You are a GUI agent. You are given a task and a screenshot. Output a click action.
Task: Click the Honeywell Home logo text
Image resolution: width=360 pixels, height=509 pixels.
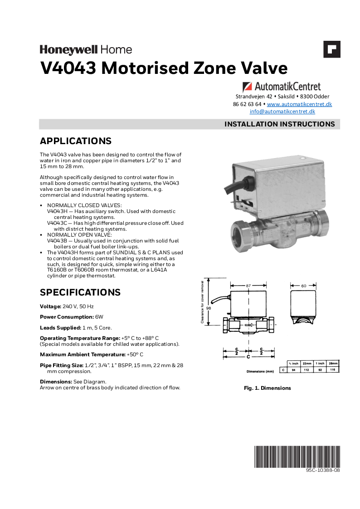(x=86, y=49)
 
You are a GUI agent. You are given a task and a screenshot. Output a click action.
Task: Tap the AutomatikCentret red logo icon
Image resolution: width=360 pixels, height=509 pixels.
(x=248, y=86)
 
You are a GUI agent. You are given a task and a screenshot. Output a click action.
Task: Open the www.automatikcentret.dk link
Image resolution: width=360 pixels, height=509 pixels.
(x=299, y=104)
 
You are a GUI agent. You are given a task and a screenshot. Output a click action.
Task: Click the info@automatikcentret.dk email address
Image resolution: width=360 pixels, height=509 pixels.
(x=282, y=111)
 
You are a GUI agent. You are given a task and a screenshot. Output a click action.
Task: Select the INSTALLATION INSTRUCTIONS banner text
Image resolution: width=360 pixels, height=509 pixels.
(x=280, y=124)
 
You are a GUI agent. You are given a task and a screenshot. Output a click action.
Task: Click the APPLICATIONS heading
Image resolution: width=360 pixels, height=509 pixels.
(x=76, y=141)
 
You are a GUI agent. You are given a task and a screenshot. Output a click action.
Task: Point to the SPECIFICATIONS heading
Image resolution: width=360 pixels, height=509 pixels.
(x=80, y=292)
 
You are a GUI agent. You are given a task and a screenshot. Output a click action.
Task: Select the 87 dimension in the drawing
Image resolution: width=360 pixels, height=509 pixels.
(x=248, y=286)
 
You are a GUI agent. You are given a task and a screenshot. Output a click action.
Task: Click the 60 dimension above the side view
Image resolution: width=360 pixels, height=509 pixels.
(x=303, y=286)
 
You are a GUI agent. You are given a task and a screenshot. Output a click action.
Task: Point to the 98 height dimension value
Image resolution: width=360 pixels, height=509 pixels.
(x=209, y=308)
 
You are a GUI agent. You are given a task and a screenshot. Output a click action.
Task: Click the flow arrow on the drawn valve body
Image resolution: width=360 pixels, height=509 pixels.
(x=249, y=325)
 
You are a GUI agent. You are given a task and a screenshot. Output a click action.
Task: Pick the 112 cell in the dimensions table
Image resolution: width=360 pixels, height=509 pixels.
(x=307, y=370)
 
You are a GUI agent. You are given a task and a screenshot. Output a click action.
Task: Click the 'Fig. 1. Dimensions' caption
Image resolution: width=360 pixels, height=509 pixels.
(x=267, y=388)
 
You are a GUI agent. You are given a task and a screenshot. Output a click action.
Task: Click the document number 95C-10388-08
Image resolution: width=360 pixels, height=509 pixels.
(x=322, y=470)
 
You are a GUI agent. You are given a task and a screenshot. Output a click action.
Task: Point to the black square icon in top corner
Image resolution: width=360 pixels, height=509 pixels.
(x=331, y=49)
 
